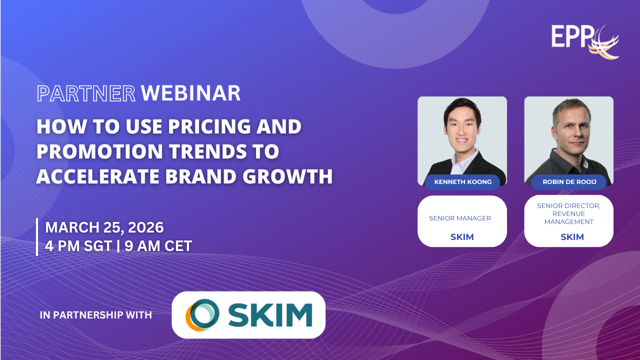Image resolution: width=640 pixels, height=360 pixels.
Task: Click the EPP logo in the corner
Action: pos(585,41)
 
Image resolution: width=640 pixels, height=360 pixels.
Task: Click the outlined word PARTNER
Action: pos(86,93)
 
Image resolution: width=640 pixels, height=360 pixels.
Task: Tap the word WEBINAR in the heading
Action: pos(190,93)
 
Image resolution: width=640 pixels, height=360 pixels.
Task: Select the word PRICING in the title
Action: pos(209,126)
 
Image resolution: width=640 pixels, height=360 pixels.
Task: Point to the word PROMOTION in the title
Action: pos(99,151)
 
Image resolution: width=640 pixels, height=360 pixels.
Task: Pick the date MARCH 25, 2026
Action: pos(104,227)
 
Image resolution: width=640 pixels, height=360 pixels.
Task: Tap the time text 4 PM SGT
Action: pos(78,246)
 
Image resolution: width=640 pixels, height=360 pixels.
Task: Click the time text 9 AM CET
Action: pos(158,246)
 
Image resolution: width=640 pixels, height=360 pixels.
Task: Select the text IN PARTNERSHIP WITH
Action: pos(95,315)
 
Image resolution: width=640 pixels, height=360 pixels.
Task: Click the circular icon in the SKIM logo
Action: pos(202,315)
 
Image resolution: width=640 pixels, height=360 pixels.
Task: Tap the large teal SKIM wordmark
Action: pos(270,315)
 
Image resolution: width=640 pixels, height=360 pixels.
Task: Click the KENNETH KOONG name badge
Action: pos(462,182)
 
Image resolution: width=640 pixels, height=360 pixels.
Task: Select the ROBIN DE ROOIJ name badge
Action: pos(569,182)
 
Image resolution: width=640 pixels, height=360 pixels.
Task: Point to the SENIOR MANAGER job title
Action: pos(460,218)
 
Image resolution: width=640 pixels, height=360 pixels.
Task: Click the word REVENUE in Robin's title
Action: pos(568,213)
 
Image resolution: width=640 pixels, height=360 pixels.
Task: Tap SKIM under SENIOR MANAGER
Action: pos(462,237)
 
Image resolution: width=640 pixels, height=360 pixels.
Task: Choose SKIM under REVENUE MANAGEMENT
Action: pos(572,237)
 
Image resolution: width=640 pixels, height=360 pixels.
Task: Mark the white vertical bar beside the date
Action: pos(37,237)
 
